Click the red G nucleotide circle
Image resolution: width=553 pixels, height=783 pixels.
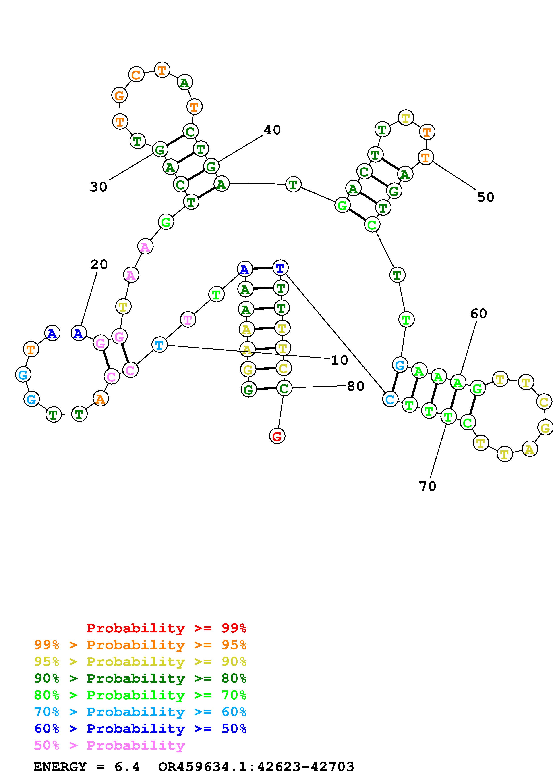(277, 436)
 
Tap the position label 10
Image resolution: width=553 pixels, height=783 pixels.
(339, 360)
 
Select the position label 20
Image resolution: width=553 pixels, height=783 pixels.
(99, 264)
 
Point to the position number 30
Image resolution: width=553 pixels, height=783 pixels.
(98, 187)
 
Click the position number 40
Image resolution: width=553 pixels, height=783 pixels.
(272, 130)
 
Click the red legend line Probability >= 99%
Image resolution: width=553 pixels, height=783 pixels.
(166, 628)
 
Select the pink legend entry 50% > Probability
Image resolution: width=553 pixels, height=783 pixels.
(109, 746)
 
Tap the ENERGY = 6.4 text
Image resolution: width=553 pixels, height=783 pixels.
(87, 767)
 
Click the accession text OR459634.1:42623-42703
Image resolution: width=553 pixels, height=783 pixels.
(256, 767)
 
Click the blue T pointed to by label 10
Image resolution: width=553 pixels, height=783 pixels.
(159, 345)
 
